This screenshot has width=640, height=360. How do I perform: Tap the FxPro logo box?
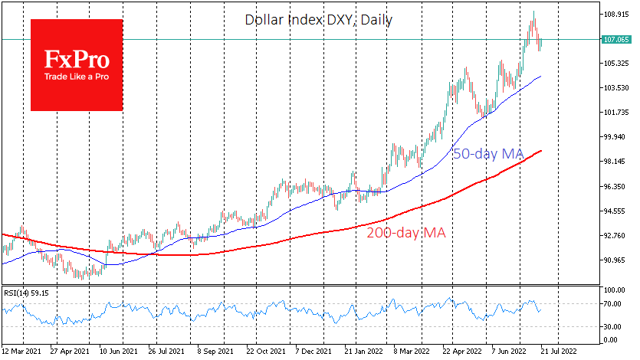77,65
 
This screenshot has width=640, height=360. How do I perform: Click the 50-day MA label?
488,154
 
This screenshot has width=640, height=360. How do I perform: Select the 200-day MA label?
406,231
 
